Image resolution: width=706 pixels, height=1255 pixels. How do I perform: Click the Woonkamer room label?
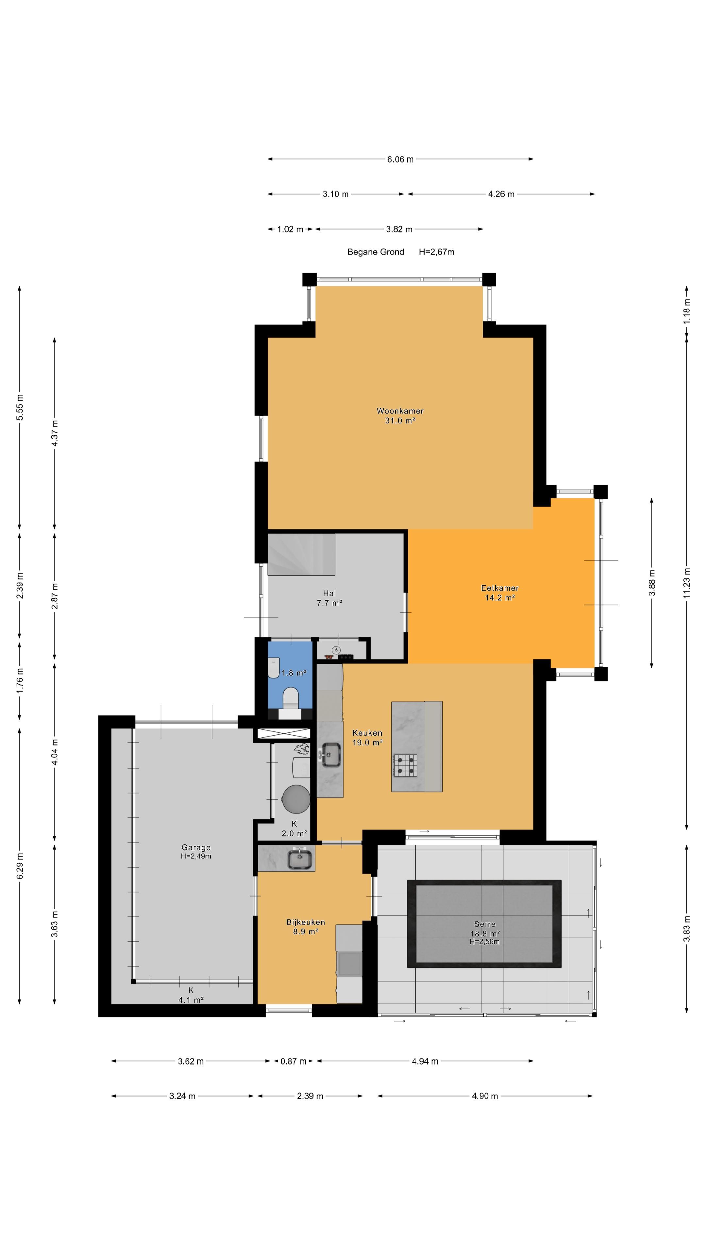click(400, 411)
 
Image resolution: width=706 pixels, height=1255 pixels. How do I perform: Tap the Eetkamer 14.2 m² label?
click(500, 593)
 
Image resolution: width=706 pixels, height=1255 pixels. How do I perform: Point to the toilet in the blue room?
click(290, 698)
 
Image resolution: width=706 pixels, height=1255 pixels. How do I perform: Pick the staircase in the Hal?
click(301, 554)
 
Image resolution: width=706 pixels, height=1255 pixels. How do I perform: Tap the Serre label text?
click(485, 924)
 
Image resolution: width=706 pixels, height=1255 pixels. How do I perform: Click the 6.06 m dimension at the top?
click(400, 159)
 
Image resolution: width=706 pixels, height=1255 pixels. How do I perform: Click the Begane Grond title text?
click(376, 252)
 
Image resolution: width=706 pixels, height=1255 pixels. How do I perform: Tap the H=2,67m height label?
click(437, 252)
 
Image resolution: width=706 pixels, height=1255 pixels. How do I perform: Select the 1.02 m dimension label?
click(290, 229)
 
